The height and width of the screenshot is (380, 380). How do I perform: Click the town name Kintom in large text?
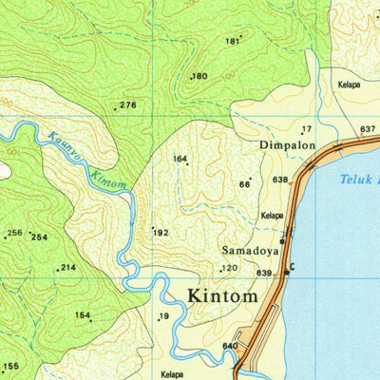tap(222, 295)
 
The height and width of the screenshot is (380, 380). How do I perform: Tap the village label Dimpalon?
tap(287, 146)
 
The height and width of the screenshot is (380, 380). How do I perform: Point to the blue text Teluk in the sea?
tap(359, 178)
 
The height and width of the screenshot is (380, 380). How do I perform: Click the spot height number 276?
tap(128, 105)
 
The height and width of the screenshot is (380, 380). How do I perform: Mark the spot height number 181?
tap(232, 41)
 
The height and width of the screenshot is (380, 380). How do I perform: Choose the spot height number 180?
tap(199, 76)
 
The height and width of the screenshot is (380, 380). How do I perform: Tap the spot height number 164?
tap(180, 159)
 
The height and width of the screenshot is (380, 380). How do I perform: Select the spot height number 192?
tap(161, 232)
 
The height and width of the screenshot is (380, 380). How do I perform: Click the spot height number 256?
tap(14, 233)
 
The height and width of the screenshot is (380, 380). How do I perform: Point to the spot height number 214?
tap(68, 268)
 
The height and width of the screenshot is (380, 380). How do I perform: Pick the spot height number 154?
tap(84, 315)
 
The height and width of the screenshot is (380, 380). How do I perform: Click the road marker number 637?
tap(369, 128)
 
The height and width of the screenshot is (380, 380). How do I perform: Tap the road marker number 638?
tap(279, 180)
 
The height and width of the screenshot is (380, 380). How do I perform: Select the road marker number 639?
tap(264, 274)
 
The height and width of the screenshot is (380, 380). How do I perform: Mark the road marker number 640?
tap(229, 346)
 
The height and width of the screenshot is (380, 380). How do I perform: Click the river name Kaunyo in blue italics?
tap(62, 145)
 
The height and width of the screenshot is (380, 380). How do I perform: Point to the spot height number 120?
tap(229, 269)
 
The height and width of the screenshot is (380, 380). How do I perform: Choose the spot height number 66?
tap(244, 184)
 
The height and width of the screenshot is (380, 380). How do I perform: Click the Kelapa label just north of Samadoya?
tap(273, 216)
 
